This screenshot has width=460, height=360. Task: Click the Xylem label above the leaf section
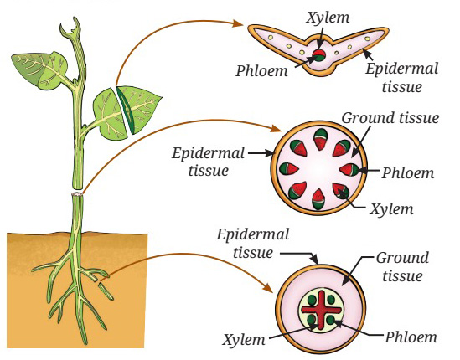(x=328, y=18)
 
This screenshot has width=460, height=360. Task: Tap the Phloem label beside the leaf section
(x=261, y=71)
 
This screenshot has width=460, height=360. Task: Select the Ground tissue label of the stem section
(x=390, y=118)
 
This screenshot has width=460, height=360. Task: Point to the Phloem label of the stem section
(x=408, y=173)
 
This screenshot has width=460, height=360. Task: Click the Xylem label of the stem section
(x=391, y=209)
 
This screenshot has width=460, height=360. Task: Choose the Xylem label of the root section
(x=244, y=340)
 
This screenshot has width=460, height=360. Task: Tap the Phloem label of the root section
(x=411, y=337)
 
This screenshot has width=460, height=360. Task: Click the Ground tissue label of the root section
(x=402, y=267)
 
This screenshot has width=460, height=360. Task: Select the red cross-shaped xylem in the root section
(x=322, y=310)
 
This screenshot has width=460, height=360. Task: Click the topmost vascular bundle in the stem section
(x=320, y=139)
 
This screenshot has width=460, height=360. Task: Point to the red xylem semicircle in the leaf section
(x=319, y=54)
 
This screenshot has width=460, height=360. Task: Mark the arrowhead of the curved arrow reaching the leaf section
(x=238, y=23)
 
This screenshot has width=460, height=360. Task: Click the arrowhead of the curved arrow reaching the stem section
(x=276, y=128)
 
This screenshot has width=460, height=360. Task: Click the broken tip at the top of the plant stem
(x=71, y=27)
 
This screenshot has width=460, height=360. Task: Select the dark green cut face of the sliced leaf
(x=125, y=111)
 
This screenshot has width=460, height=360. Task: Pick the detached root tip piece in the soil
(x=106, y=291)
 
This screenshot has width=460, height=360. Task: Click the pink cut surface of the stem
(x=77, y=194)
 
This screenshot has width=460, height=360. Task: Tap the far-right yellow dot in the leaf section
(x=367, y=39)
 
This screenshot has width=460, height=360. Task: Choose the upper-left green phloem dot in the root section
(x=312, y=301)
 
